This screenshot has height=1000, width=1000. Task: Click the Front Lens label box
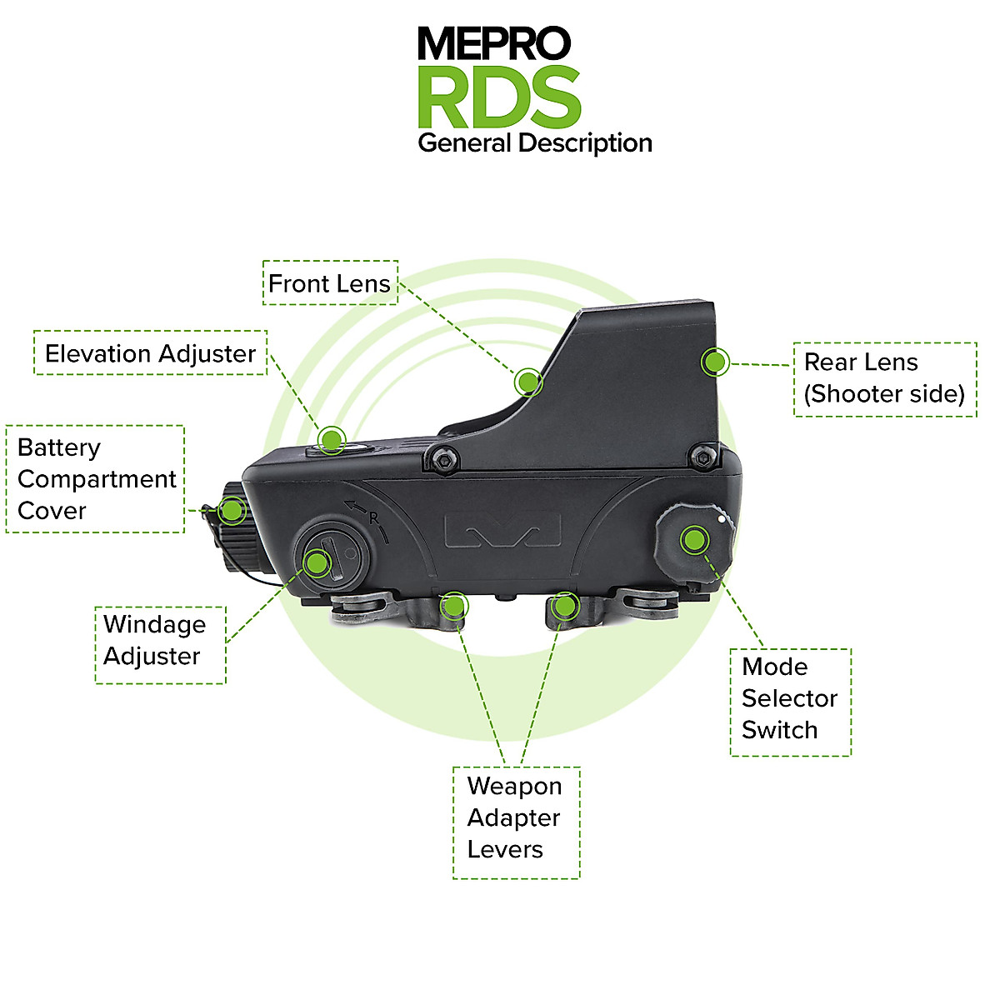click(330, 283)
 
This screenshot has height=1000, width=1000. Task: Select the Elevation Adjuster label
click(150, 353)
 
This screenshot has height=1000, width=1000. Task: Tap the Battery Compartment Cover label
click(96, 479)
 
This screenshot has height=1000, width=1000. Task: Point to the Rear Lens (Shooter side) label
click(884, 379)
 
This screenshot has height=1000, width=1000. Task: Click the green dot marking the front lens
click(527, 382)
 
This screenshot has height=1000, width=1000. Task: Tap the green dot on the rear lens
click(714, 362)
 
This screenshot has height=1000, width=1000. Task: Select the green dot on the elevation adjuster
click(332, 439)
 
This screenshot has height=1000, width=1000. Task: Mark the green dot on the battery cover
click(231, 509)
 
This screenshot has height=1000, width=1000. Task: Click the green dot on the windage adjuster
click(317, 562)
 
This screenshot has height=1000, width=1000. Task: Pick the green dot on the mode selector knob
click(692, 540)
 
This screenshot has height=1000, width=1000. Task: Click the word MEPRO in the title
click(493, 43)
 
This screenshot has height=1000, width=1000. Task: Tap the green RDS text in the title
click(498, 97)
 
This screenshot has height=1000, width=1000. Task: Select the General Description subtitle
click(534, 143)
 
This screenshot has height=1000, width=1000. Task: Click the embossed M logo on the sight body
click(502, 532)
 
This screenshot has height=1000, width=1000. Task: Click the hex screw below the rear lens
click(704, 456)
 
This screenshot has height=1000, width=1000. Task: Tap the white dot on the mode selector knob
click(721, 517)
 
